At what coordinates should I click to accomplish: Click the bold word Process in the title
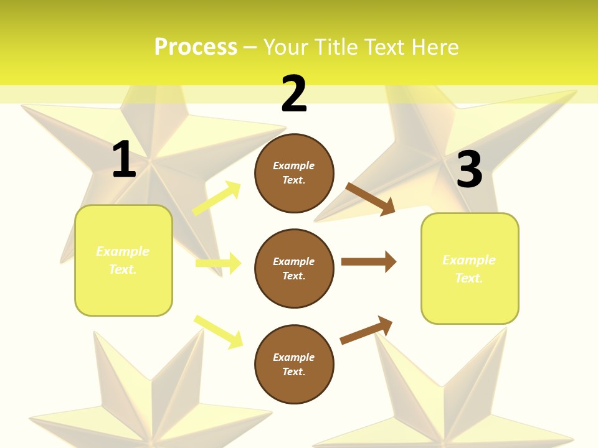tap(196, 47)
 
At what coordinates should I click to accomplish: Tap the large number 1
tap(124, 160)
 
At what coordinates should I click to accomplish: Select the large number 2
tap(294, 94)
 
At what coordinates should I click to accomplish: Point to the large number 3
tap(469, 170)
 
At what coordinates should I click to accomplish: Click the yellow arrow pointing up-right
tap(217, 198)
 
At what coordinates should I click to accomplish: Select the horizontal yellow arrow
tap(218, 263)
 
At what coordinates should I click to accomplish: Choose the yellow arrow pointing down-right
tap(218, 332)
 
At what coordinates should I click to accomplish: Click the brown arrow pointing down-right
tap(370, 198)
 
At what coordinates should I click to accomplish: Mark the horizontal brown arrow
tap(368, 261)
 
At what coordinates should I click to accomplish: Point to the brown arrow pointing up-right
tap(366, 330)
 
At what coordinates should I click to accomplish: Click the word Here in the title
tap(434, 47)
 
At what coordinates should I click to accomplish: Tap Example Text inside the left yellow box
tap(123, 260)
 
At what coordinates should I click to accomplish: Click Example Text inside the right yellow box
tap(469, 269)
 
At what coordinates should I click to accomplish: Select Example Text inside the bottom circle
tap(294, 365)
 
